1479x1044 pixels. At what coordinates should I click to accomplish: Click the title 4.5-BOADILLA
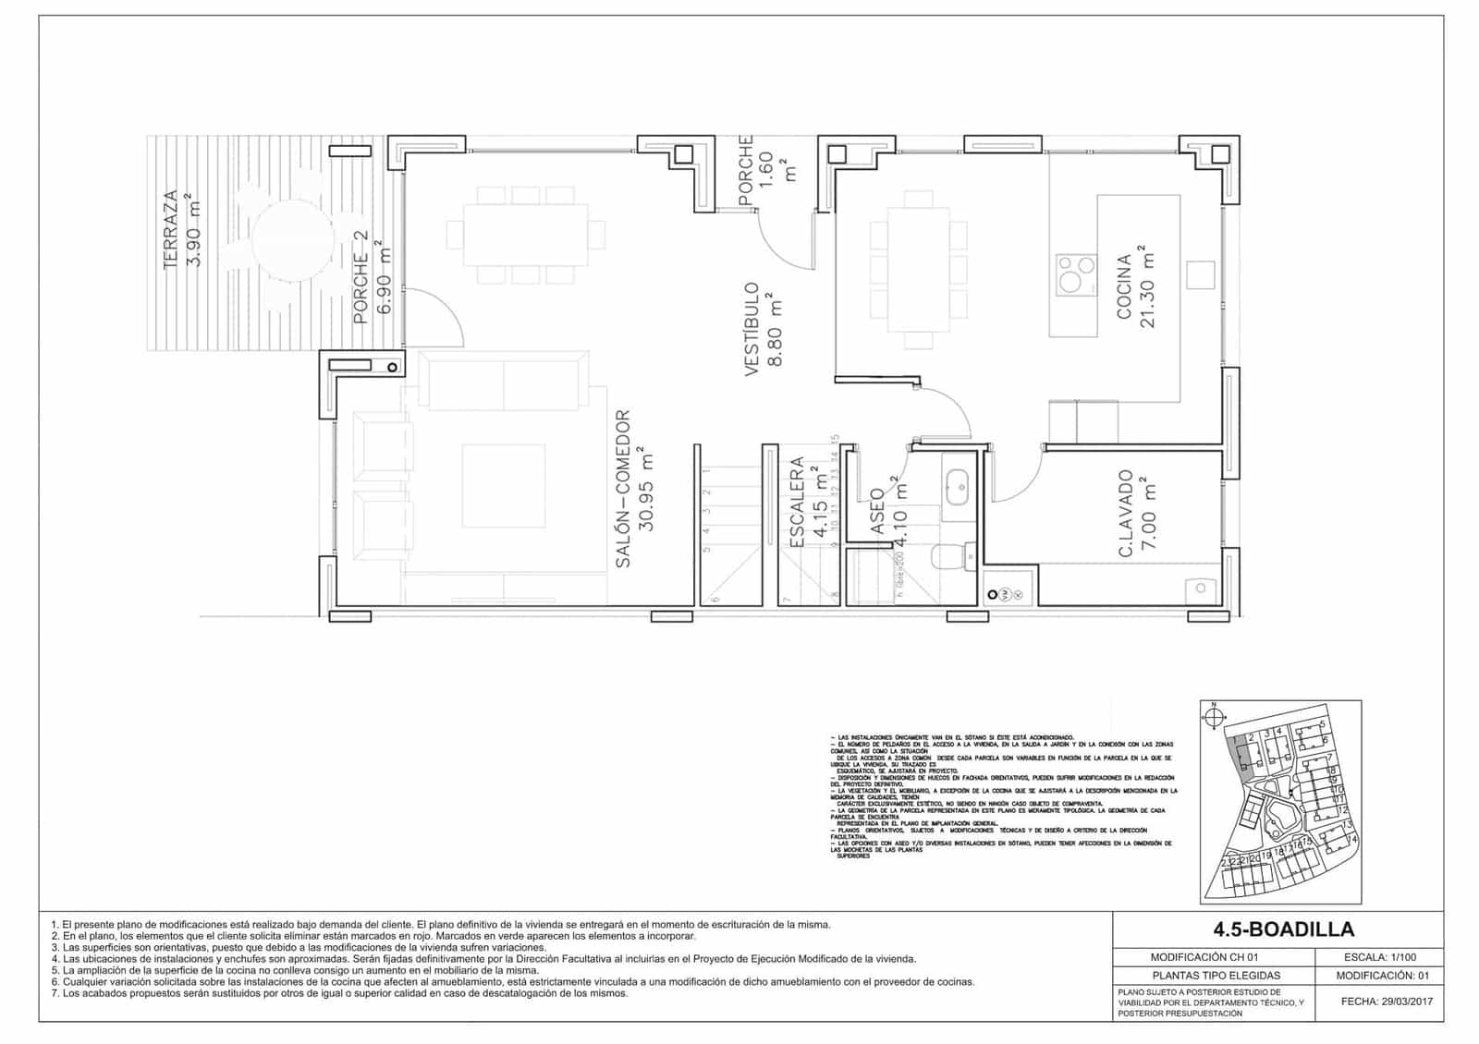point(1276,929)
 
